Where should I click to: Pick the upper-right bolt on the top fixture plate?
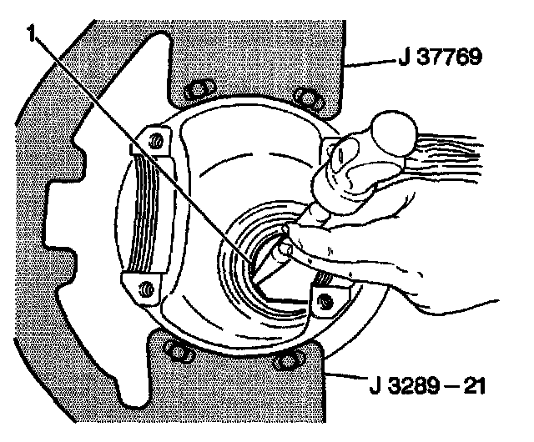(x=310, y=98)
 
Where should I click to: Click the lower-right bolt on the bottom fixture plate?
(x=285, y=361)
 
